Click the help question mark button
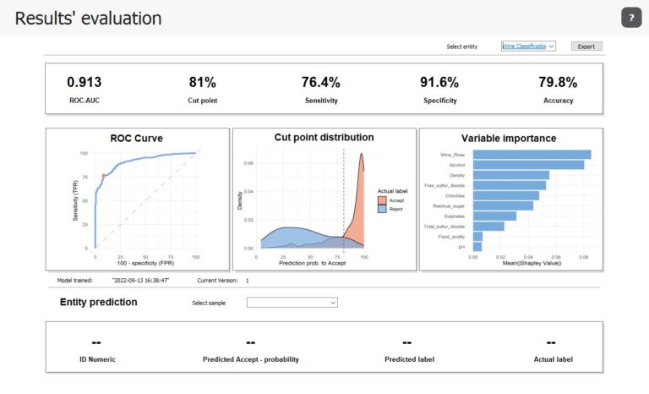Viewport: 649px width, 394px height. [630, 19]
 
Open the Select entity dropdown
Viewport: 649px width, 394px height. [528, 47]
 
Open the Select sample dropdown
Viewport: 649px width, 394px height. [292, 302]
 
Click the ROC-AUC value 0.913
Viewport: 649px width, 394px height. [85, 83]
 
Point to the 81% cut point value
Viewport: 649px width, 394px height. [202, 83]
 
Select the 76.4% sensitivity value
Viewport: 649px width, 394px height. [320, 83]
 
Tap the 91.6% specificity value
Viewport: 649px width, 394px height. [439, 83]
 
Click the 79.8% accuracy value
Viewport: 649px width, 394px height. [558, 83]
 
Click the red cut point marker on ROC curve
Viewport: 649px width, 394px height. [104, 176]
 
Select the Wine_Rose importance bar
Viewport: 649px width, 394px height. [532, 154]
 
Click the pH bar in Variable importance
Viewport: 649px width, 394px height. [477, 247]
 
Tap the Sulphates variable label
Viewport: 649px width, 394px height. [453, 216]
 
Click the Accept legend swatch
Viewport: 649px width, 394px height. [382, 200]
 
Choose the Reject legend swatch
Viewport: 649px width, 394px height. [382, 208]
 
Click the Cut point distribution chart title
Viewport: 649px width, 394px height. [324, 137]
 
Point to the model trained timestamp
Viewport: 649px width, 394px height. [141, 280]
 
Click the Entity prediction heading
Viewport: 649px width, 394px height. [98, 302]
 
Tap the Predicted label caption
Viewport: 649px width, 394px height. [410, 359]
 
